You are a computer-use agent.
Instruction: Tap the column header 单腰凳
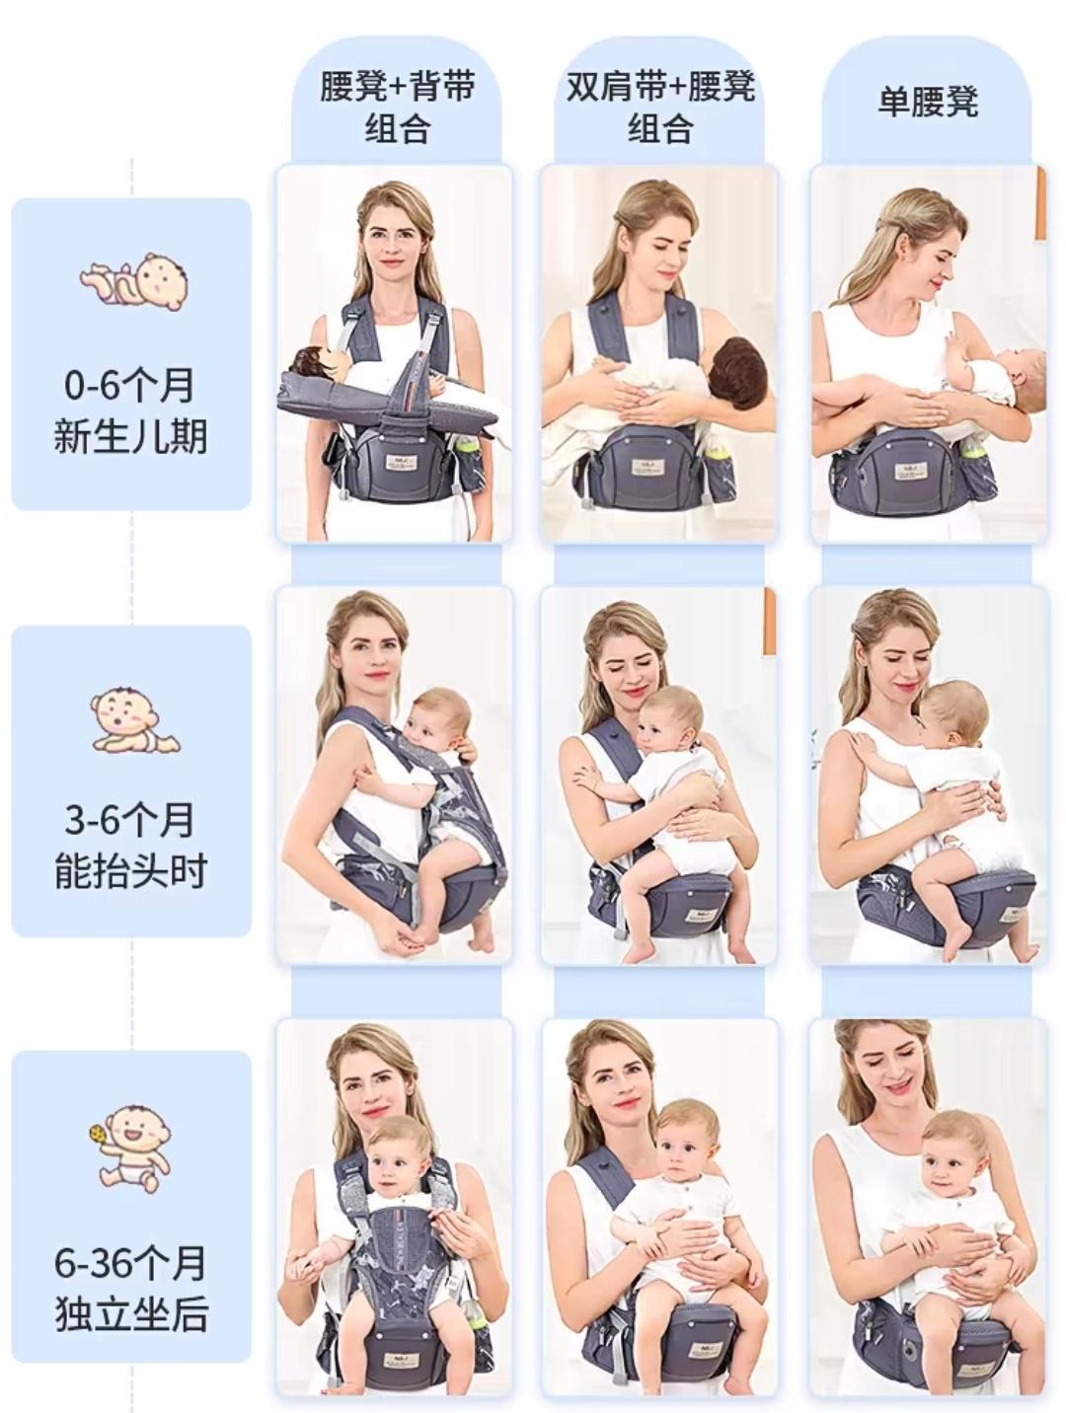928,102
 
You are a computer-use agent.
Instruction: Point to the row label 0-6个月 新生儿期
130,410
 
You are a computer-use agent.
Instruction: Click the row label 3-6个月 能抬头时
130,846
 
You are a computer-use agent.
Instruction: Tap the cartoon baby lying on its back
134,281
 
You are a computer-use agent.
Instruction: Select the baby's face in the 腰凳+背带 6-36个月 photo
393,1169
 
